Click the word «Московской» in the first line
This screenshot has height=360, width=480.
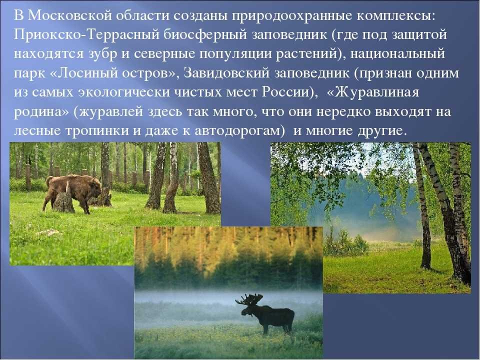click(68, 16)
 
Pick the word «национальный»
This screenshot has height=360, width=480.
click(397, 54)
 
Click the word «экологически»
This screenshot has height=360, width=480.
click(124, 92)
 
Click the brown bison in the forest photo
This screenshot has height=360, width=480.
click(73, 193)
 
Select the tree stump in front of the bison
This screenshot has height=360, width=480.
click(63, 201)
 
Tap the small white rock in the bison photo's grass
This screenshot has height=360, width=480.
click(49, 232)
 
